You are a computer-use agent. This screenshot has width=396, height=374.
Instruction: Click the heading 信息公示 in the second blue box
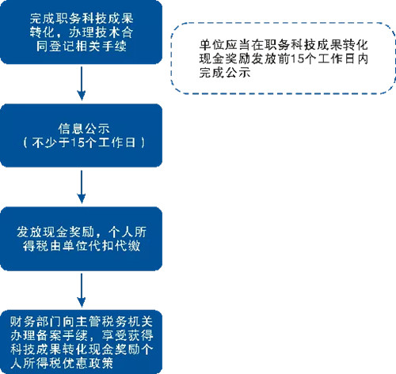(x=84, y=129)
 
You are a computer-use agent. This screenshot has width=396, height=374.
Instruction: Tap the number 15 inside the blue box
(x=78, y=142)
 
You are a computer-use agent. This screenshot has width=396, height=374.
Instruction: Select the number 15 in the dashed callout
(x=297, y=59)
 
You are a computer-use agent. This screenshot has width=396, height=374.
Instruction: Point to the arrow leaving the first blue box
(x=82, y=83)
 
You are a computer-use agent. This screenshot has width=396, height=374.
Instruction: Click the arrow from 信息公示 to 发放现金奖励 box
(x=82, y=187)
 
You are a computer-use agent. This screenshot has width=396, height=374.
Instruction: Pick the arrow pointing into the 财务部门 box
(x=82, y=290)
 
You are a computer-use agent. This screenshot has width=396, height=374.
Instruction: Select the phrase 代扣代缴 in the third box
(x=114, y=246)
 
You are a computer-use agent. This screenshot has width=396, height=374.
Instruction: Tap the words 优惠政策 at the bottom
(x=88, y=363)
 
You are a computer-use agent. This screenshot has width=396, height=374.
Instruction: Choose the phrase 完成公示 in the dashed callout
(x=225, y=73)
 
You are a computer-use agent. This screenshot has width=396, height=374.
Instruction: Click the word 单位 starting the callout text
(x=212, y=45)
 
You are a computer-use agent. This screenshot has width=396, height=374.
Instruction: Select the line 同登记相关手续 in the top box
(x=82, y=46)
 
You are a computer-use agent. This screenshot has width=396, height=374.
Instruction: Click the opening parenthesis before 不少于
(x=25, y=142)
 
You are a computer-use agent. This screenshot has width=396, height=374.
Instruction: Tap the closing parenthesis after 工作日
(x=143, y=142)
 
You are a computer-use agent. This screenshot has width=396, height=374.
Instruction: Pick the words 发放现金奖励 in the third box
(x=55, y=232)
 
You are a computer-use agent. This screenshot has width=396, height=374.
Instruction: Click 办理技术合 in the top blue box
(x=101, y=32)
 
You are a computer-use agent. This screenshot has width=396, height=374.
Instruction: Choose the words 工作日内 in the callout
(x=343, y=59)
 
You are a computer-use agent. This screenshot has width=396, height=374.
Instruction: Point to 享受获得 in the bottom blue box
(x=128, y=335)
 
